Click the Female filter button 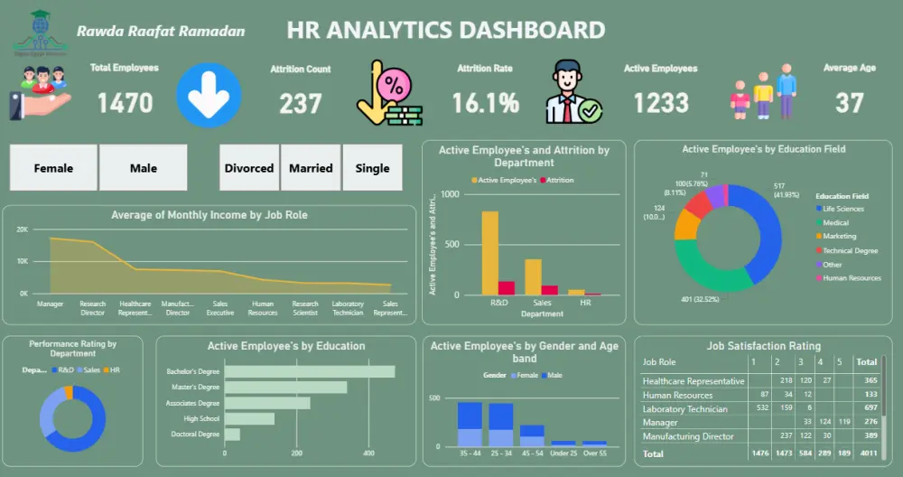coord(53,168)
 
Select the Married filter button coord(311,168)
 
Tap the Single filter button coord(372,168)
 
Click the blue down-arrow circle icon coord(209,95)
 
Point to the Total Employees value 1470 coord(125,103)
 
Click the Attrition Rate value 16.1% coord(486,103)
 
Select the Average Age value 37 coord(849,103)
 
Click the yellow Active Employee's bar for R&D coord(490,253)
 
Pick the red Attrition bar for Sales coord(550,290)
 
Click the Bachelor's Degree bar coord(309,371)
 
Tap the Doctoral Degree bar coord(232,435)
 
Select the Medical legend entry coord(835,222)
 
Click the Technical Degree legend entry coord(850,250)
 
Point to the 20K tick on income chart coord(23,229)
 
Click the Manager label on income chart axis coord(50,304)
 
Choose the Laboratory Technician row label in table coord(684,409)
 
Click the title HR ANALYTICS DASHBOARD coord(445,30)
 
